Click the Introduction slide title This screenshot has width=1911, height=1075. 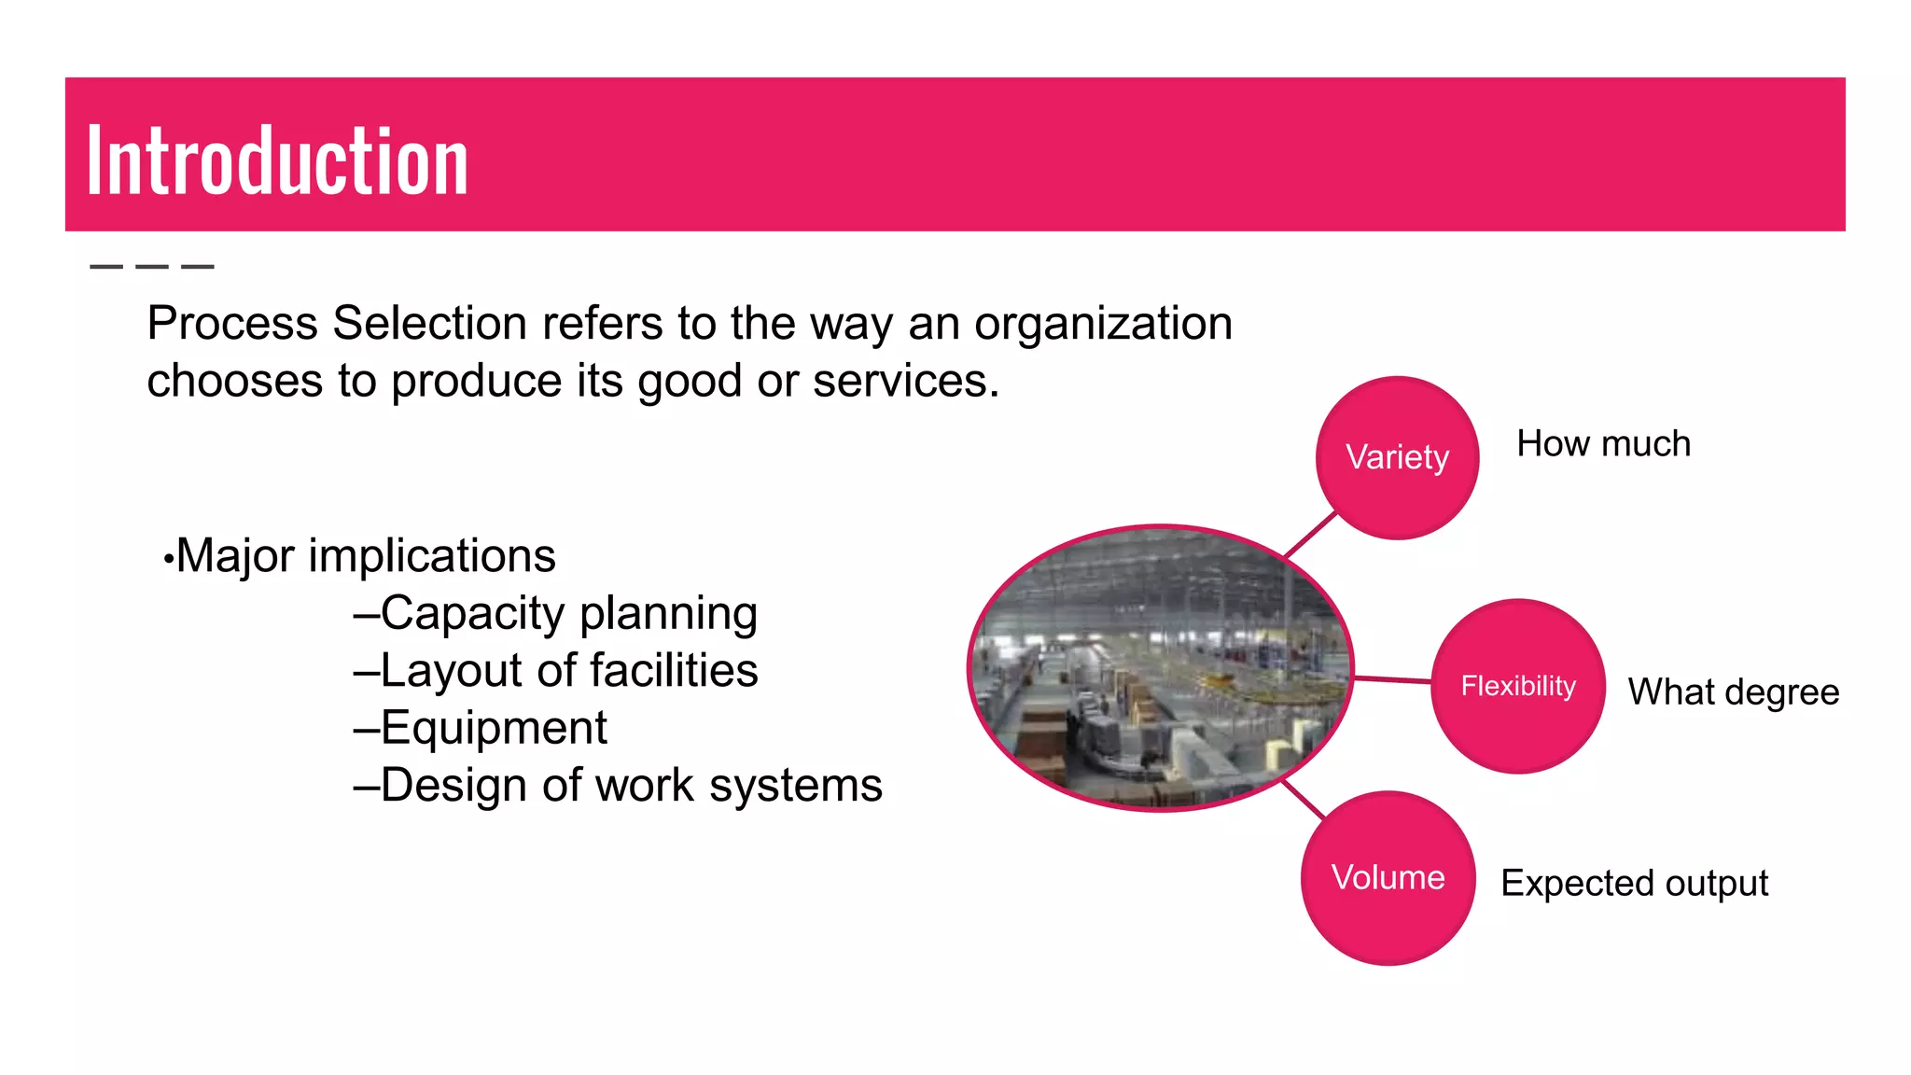coord(277,161)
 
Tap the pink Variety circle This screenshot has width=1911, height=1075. coord(1397,457)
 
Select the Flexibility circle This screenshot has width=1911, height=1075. coord(1517,686)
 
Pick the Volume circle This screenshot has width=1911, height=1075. coord(1388,878)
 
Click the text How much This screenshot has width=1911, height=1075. coord(1603,444)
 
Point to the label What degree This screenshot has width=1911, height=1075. coord(1733,692)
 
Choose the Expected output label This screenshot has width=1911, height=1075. coord(1634,883)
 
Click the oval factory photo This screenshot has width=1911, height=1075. coord(1160,668)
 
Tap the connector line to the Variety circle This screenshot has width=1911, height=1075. coord(1310,536)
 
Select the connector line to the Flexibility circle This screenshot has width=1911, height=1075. coord(1392,679)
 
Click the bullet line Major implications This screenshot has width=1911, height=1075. coord(365,556)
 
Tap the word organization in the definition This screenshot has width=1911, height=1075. coord(1103,324)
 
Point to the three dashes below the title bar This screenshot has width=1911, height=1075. coord(152,267)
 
